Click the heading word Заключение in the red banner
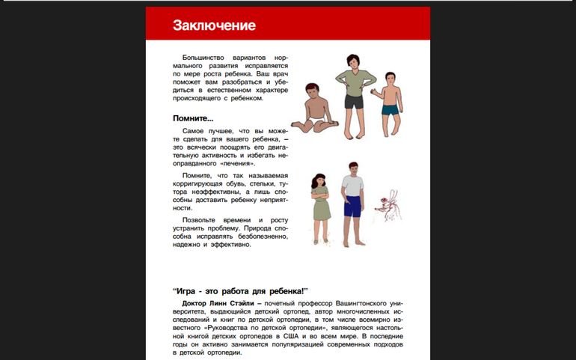tap(214, 25)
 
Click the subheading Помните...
tap(193, 118)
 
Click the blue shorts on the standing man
tap(352, 204)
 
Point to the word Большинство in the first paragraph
tap(203, 58)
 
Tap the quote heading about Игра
tap(240, 290)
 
